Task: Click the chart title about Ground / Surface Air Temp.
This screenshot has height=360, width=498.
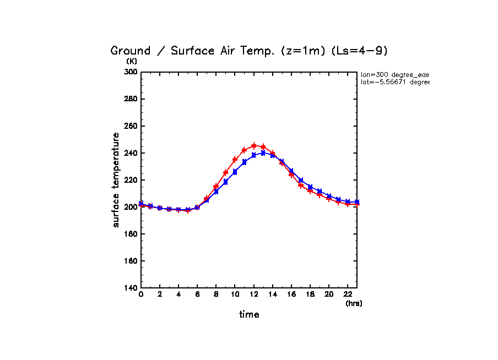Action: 249,51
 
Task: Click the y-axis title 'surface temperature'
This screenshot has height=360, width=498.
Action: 116,179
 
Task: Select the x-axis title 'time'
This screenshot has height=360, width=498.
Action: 249,314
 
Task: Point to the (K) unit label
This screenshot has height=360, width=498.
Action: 132,61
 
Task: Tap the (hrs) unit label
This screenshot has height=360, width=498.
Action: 354,303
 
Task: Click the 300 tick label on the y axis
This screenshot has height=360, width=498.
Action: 130,72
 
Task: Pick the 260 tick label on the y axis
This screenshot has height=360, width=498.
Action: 130,126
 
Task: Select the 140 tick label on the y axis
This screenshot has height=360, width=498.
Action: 130,288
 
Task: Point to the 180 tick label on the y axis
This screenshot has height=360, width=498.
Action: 130,234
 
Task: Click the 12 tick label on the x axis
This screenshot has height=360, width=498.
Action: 253,295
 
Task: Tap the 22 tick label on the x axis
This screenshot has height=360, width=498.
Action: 348,295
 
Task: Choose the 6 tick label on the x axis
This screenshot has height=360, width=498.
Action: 197,295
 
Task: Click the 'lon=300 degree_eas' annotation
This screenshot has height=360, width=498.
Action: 394,74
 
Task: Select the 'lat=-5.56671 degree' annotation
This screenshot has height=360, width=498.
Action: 394,82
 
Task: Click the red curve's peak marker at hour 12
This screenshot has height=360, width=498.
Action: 254,146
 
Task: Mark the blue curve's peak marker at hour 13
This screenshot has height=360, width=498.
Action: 263,153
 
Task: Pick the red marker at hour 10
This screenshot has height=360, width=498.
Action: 235,160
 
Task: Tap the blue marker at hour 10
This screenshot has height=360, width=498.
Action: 235,172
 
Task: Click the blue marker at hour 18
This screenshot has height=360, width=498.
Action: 310,187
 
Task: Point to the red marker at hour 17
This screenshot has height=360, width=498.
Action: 301,185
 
